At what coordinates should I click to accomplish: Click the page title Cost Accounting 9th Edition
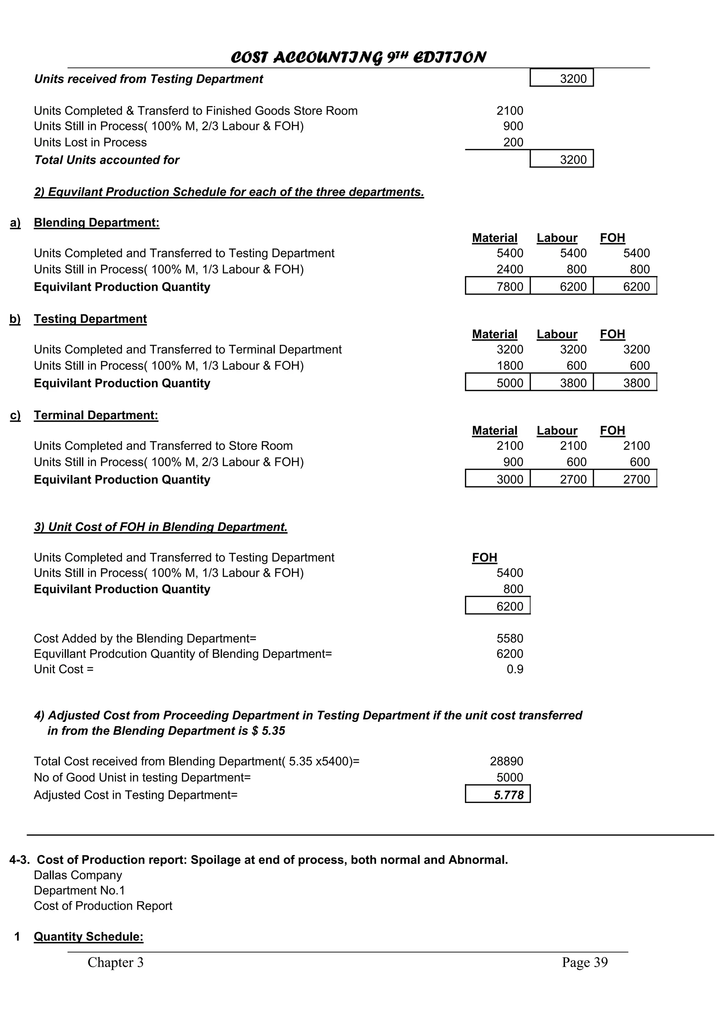[x=358, y=57]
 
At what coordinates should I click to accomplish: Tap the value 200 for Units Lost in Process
[x=513, y=142]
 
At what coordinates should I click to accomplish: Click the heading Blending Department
[x=96, y=223]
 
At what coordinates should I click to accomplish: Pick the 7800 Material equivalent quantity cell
[x=509, y=287]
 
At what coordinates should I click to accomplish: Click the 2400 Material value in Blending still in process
[x=509, y=269]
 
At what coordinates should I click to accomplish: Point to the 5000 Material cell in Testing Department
[x=509, y=383]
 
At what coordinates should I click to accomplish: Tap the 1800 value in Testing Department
[x=509, y=366]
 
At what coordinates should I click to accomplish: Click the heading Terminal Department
[x=96, y=415]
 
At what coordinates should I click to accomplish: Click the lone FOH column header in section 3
[x=484, y=557]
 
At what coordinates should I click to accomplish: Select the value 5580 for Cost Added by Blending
[x=509, y=638]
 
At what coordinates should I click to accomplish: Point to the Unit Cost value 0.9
[x=515, y=669]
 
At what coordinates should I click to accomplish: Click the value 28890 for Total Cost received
[x=506, y=761]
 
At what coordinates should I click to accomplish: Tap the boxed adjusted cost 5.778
[x=508, y=795]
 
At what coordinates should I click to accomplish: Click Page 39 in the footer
[x=584, y=962]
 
